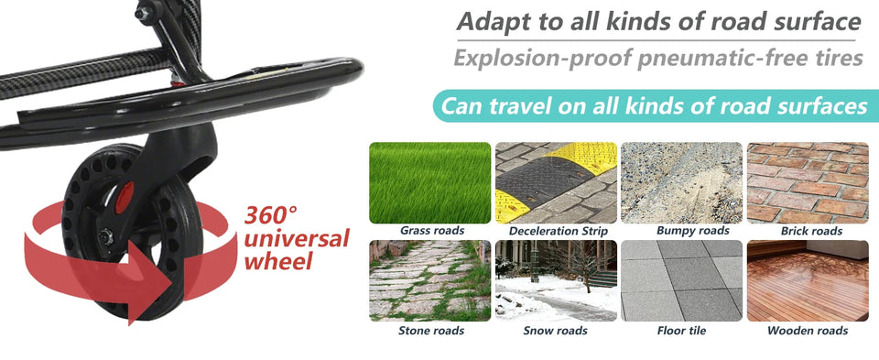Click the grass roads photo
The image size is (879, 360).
click(x=429, y=181)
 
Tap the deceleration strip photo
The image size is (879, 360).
click(x=556, y=181)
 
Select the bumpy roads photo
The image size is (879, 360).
click(x=681, y=181)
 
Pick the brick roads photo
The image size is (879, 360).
click(x=808, y=181)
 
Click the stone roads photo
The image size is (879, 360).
click(x=429, y=280)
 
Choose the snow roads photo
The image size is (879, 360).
click(x=556, y=280)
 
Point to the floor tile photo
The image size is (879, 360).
click(x=681, y=280)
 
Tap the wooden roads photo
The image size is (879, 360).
click(x=808, y=280)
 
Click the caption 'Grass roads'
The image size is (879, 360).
click(x=431, y=231)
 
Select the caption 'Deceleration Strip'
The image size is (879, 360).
click(x=558, y=232)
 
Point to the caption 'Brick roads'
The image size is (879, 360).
click(x=811, y=232)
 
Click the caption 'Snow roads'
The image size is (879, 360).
click(x=555, y=331)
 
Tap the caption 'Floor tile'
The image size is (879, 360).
click(x=681, y=331)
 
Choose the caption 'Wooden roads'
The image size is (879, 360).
click(x=808, y=331)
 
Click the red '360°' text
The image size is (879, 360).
click(x=271, y=217)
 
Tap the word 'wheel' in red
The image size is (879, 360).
click(x=279, y=261)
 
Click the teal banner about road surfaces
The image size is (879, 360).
click(x=652, y=107)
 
